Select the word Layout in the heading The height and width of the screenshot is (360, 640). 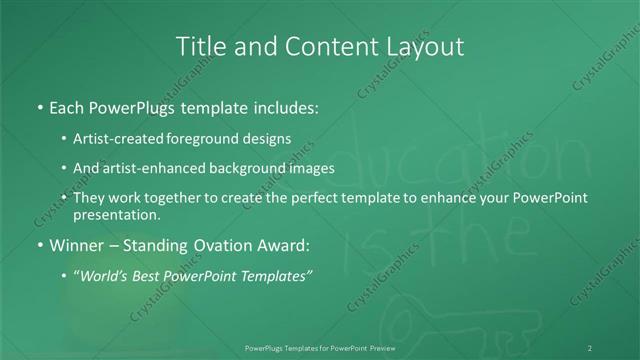click(424, 46)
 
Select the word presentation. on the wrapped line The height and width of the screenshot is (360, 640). click(117, 214)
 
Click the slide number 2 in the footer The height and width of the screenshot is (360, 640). click(590, 347)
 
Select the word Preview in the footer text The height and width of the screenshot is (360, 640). click(396, 347)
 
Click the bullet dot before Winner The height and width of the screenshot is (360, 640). click(39, 243)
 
